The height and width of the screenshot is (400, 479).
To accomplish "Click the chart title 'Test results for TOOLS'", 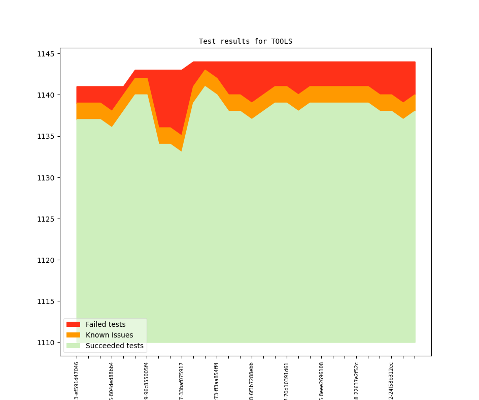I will click(x=245, y=41).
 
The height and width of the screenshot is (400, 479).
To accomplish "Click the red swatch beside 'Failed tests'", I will click(x=73, y=324).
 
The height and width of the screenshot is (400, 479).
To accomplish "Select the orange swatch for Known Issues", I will click(x=73, y=335).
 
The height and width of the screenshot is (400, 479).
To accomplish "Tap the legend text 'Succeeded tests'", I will click(x=114, y=346).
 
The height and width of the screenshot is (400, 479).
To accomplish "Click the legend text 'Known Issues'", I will click(x=109, y=335).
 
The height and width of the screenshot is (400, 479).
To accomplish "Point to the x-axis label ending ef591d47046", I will click(x=77, y=381).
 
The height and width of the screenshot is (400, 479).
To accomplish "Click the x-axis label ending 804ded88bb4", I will click(x=112, y=381).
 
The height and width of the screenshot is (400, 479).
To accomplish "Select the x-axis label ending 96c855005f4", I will click(x=147, y=381).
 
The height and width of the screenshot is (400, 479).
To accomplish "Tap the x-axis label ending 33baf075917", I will click(x=182, y=381).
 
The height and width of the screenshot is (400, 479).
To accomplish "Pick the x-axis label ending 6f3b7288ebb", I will click(x=252, y=381).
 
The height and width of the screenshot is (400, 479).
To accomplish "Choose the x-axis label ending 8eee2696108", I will click(x=322, y=381).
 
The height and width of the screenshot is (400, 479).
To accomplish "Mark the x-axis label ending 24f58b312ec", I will click(x=391, y=381).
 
